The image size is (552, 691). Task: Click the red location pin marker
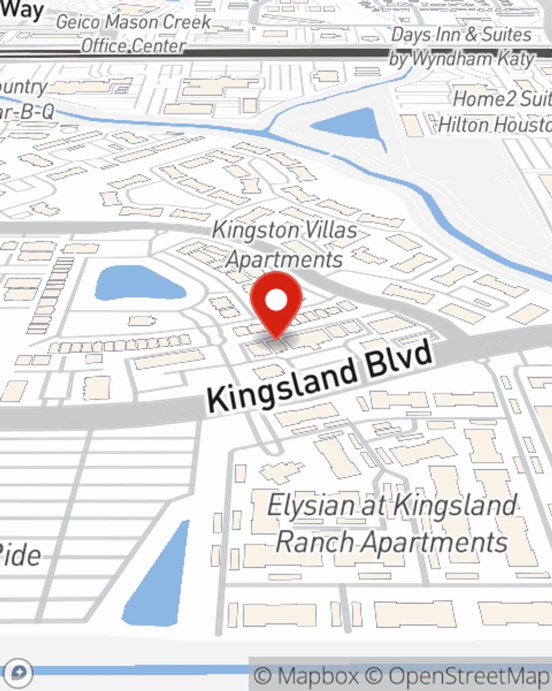pos(276,305)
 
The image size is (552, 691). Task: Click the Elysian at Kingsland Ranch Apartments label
pos(392,523)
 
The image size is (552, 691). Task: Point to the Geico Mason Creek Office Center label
pos(134,34)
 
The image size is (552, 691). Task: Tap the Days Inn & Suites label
pos(461,35)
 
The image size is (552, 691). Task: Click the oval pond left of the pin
pos(138,284)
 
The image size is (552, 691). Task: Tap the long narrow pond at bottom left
pos(157,580)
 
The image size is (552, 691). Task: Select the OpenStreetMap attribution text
pos(469,676)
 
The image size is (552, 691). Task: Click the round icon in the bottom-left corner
pos(18,673)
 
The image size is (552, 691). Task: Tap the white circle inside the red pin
pos(277,300)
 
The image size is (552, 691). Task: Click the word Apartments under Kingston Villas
pos(285,259)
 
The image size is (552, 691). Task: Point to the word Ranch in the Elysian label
pos(315,542)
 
